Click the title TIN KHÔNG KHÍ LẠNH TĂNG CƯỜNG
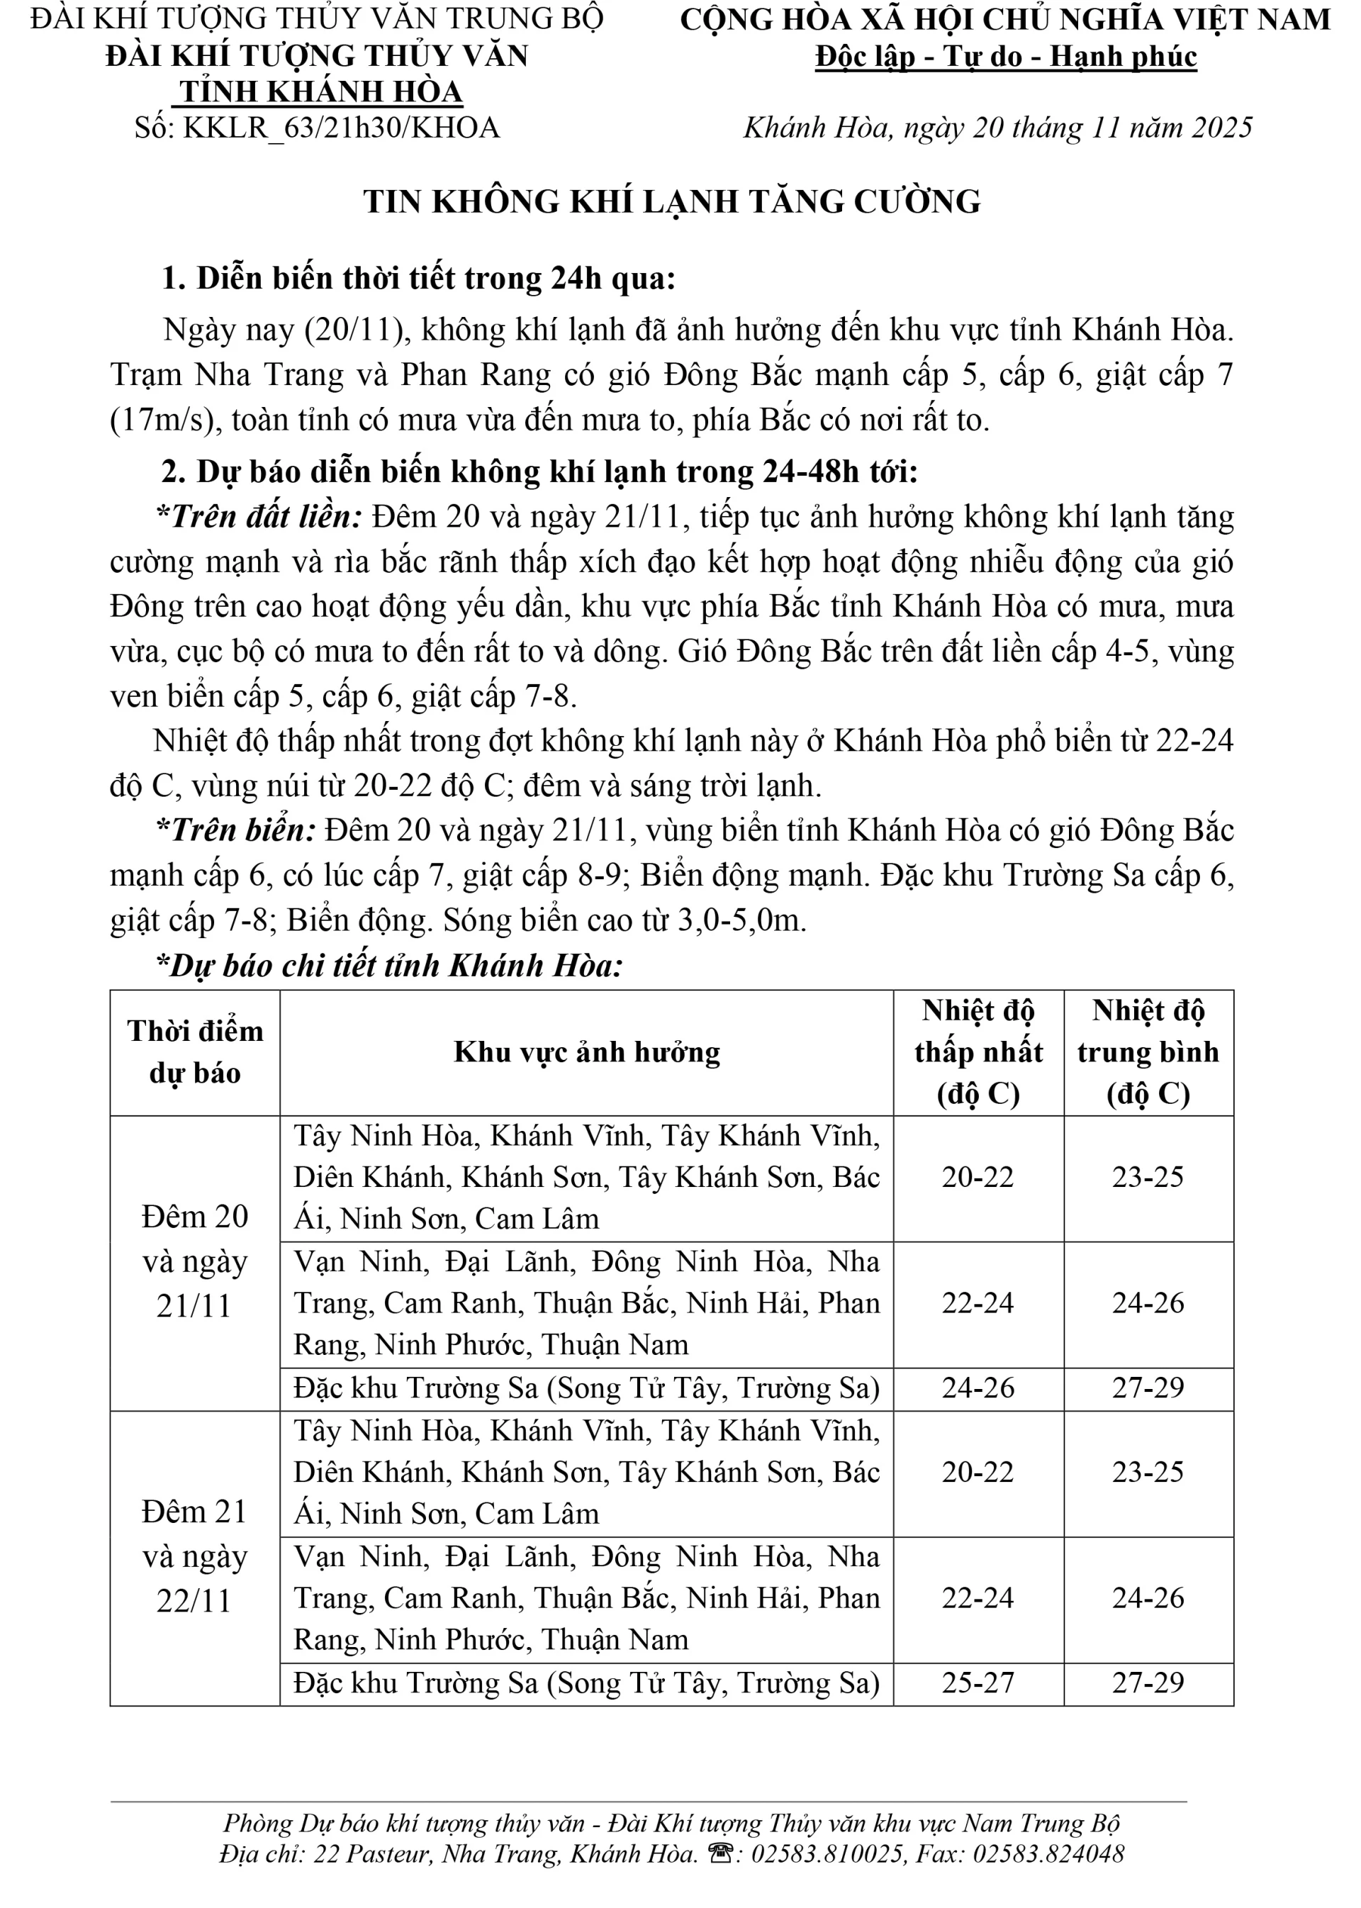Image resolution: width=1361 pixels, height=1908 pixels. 671,202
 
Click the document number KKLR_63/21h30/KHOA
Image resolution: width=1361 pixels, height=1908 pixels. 341,128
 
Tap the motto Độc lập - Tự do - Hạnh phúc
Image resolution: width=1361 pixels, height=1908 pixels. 1006,57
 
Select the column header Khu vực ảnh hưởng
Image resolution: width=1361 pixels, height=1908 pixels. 587,1053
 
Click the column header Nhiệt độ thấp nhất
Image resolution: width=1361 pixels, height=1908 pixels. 978,1052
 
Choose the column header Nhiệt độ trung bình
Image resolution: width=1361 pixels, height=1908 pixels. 1148,1052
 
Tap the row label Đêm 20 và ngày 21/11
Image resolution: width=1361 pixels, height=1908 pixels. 194,1261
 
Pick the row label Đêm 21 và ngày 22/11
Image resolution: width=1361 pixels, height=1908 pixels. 194,1557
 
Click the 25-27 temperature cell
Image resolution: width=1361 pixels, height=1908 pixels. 978,1683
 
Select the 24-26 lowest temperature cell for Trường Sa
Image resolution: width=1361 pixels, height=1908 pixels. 978,1388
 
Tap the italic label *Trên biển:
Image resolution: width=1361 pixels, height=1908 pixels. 236,831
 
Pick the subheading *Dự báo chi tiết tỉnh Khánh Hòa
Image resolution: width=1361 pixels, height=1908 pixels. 390,966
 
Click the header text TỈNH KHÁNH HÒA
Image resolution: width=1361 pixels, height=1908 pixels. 321,92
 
